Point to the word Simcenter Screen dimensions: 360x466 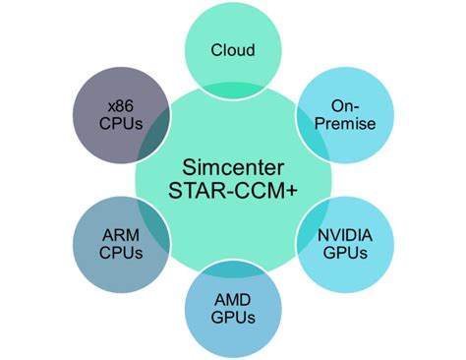pos(233,164)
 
